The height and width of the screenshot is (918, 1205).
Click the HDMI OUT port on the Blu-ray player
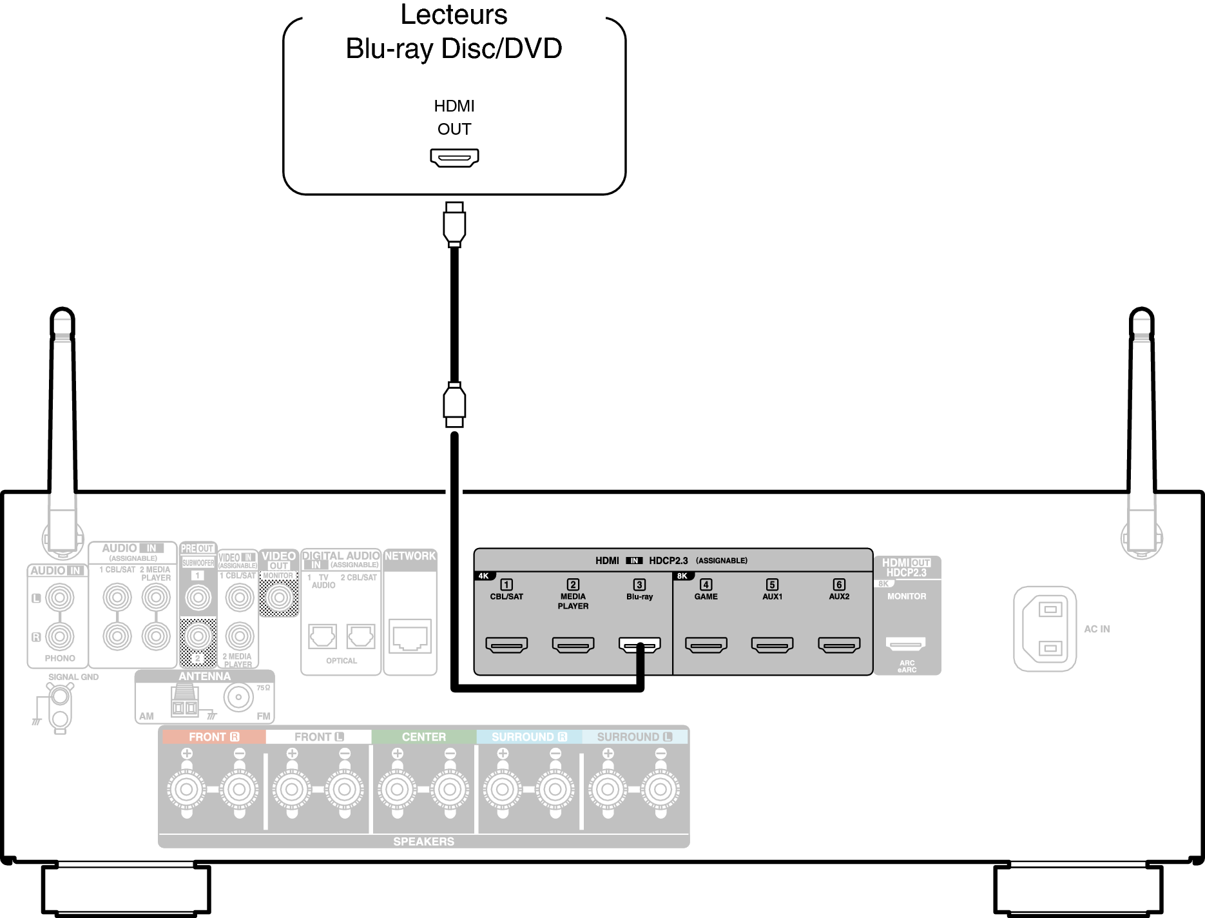454,157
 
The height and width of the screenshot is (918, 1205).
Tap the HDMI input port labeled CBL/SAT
506,644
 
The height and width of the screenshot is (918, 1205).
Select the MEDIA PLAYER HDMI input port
573,644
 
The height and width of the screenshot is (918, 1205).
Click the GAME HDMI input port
706,644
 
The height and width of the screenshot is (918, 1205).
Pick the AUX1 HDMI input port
772,644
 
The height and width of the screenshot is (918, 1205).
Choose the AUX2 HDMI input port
838,644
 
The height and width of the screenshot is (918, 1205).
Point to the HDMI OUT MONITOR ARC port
905,643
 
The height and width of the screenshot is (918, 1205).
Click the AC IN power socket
1045,629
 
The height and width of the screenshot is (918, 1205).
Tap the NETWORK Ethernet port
410,636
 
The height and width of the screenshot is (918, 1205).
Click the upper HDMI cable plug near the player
454,224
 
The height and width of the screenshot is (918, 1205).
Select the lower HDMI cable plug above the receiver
454,404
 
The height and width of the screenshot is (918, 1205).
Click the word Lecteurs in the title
454,15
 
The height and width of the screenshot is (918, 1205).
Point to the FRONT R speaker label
213,737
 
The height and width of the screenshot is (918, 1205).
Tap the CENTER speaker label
423,737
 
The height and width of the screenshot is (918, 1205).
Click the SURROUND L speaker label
634,737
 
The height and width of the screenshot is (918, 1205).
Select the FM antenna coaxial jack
239,697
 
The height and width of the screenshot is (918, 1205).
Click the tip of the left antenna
63,315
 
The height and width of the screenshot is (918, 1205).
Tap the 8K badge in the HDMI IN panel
682,576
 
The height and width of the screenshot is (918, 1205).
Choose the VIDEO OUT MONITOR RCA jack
279,598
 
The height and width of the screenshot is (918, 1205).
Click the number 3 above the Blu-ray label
639,585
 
